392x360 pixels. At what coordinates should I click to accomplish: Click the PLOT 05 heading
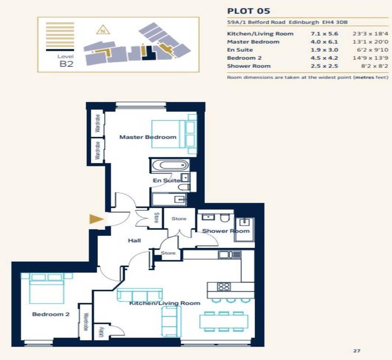click(248, 11)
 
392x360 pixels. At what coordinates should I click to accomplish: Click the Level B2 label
click(66, 61)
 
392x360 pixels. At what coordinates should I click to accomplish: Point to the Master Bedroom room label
click(148, 137)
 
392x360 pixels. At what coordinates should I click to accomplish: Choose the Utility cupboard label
click(101, 332)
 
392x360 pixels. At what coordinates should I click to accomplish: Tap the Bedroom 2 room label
click(51, 314)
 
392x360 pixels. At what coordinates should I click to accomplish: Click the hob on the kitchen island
click(224, 287)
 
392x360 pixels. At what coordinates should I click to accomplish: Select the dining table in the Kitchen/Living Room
click(224, 321)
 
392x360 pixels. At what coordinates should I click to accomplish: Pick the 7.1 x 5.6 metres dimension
click(324, 34)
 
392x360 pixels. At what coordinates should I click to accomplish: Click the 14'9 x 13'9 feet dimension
click(370, 58)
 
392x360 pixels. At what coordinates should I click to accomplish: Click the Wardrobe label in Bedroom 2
click(85, 322)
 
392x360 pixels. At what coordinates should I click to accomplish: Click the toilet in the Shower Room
click(224, 218)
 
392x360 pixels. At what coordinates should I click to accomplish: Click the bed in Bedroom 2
click(43, 288)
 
